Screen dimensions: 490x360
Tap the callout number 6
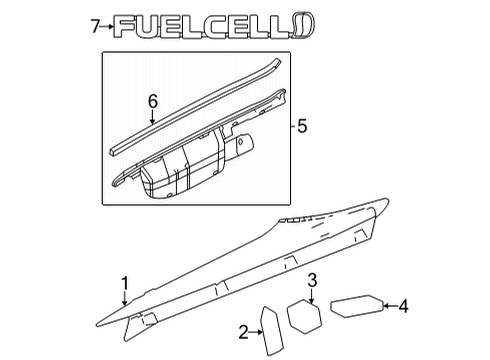pos(153,101)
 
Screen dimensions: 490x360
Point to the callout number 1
pos(125,283)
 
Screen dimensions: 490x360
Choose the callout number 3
pos(312,279)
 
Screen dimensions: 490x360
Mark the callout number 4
pos(404,306)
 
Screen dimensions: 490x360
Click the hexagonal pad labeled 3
pos(305,314)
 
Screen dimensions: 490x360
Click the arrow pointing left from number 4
pos(387,306)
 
